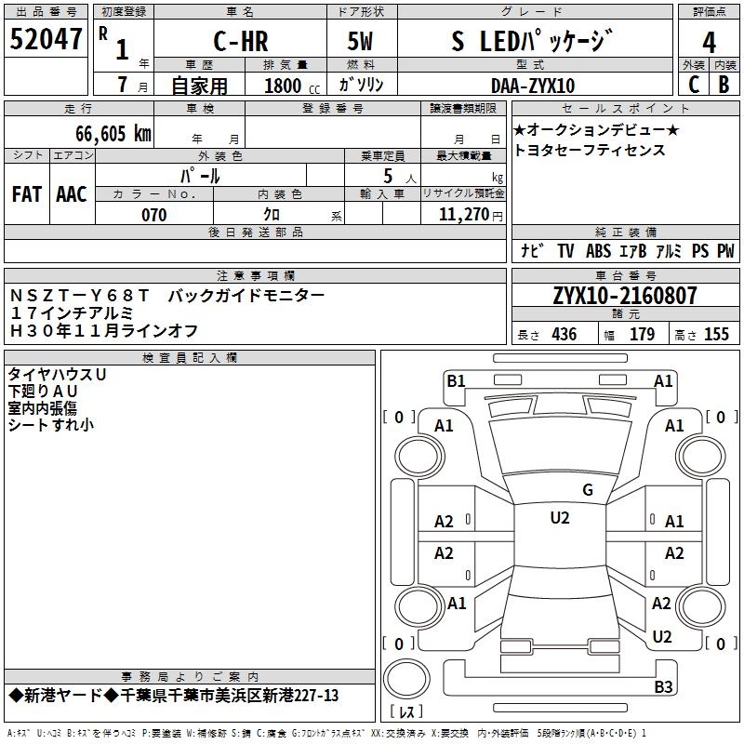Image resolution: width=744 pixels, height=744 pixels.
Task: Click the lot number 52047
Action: pyautogui.click(x=46, y=40)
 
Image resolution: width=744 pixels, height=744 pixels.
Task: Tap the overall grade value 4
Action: pyautogui.click(x=709, y=42)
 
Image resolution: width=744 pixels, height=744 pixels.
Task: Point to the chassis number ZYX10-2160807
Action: pyautogui.click(x=625, y=296)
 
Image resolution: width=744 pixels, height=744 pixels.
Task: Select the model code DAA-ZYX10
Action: pyautogui.click(x=533, y=86)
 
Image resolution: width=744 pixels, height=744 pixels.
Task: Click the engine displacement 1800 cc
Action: pyautogui.click(x=289, y=86)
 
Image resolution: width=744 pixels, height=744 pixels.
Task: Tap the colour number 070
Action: pyautogui.click(x=153, y=215)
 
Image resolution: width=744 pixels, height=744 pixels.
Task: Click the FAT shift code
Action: pyautogui.click(x=27, y=194)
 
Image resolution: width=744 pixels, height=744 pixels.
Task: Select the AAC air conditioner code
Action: pyautogui.click(x=72, y=194)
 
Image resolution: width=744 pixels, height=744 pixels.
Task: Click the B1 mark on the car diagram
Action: pyautogui.click(x=456, y=380)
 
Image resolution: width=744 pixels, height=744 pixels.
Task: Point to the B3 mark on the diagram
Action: pyautogui.click(x=662, y=687)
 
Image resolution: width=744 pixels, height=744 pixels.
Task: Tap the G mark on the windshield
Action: pyautogui.click(x=587, y=490)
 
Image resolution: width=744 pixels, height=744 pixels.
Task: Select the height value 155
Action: pyautogui.click(x=716, y=335)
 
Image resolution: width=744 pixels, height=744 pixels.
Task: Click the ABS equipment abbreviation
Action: pyautogui.click(x=598, y=251)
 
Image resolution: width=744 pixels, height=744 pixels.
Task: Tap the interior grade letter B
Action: pyautogui.click(x=724, y=85)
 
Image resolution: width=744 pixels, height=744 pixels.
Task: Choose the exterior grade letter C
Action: pyautogui.click(x=693, y=85)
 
